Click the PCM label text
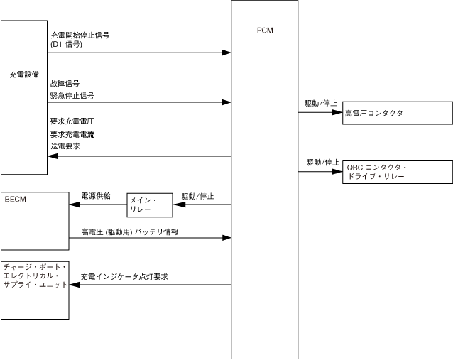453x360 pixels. tap(264, 31)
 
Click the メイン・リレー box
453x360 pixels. tap(149, 204)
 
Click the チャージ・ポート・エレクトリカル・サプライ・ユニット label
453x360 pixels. tap(36, 275)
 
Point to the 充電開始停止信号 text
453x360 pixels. tap(80, 35)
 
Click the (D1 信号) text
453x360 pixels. tap(66, 44)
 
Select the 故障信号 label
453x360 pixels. tap(65, 84)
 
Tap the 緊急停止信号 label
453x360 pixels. tap(72, 95)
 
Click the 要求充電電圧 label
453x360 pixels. tap(72, 121)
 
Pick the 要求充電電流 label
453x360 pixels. tap(72, 133)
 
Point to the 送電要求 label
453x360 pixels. tap(65, 146)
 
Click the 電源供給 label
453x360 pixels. tap(95, 195)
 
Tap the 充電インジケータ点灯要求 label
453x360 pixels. tap(124, 277)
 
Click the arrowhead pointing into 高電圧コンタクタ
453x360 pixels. tap(337, 112)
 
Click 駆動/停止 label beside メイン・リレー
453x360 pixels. tap(197, 196)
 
